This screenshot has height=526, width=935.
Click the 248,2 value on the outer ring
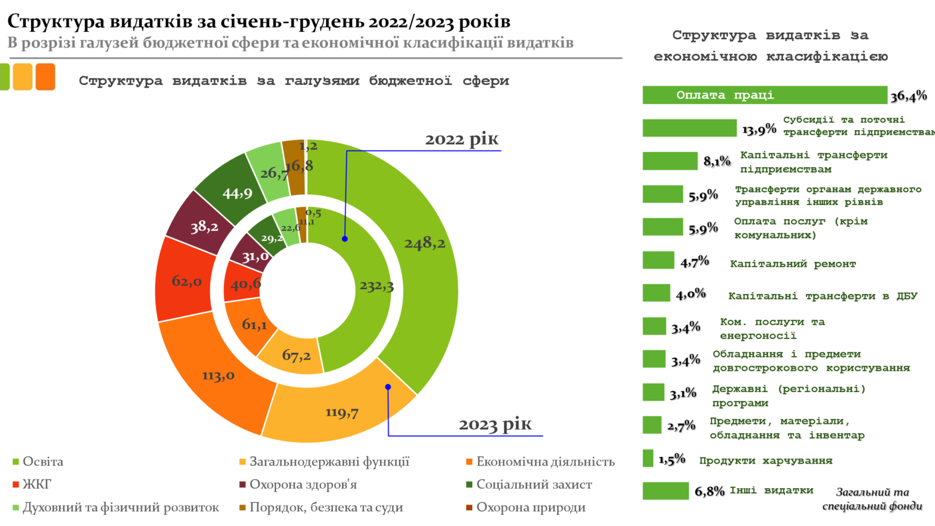(424, 244)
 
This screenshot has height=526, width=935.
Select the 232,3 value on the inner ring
(377, 287)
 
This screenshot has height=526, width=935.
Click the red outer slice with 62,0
(186, 281)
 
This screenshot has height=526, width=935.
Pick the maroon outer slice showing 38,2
(204, 228)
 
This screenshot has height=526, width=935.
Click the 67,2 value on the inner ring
(296, 356)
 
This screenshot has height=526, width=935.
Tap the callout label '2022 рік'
(462, 140)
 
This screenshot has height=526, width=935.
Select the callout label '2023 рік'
(495, 424)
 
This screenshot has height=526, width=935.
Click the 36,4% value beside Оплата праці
(908, 97)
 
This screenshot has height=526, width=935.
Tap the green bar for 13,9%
(690, 128)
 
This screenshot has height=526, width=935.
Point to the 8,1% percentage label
(717, 161)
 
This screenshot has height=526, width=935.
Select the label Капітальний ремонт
(792, 264)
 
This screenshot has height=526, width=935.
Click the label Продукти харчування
(765, 461)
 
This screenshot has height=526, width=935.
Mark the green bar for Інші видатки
(666, 491)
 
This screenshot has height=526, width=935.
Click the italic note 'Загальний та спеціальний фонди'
(871, 499)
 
